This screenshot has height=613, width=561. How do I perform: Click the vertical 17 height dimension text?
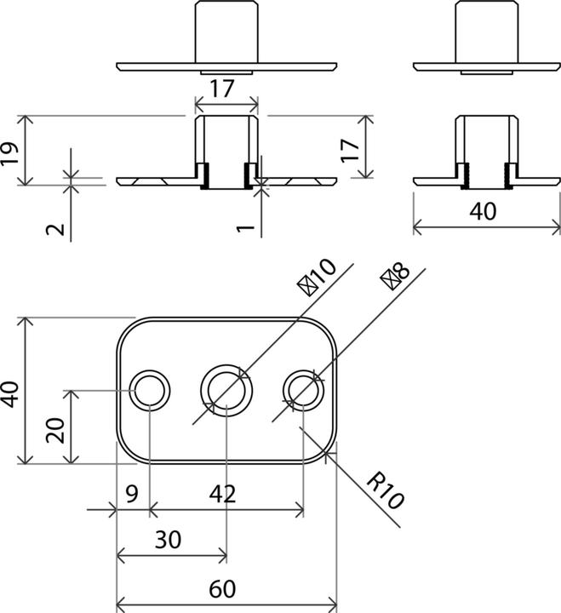click(348, 152)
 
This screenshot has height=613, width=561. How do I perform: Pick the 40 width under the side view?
click(483, 211)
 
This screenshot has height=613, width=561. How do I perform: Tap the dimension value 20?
click(56, 428)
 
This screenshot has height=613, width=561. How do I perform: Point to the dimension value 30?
click(169, 541)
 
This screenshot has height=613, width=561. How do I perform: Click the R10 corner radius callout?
click(383, 491)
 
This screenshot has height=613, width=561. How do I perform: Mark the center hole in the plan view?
click(226, 391)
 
